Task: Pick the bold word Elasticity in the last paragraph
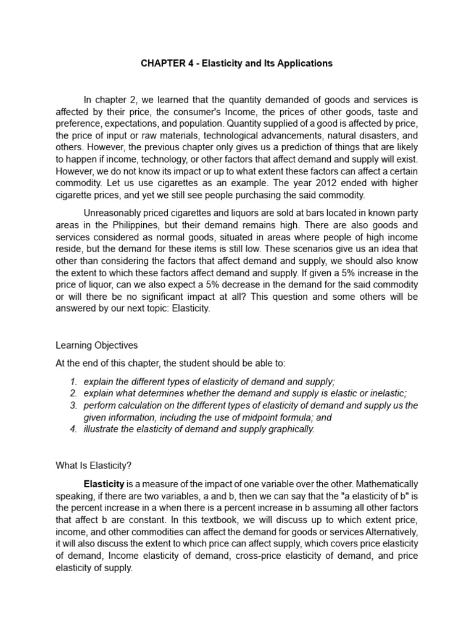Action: [x=104, y=483]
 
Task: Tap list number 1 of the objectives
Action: [x=73, y=381]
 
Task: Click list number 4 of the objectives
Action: [x=73, y=429]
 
